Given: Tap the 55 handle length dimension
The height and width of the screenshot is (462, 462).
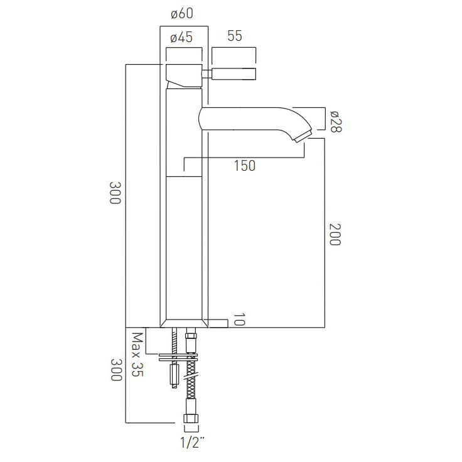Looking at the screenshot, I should click(x=234, y=37).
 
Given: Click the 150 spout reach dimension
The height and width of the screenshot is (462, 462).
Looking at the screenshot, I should click(x=244, y=166).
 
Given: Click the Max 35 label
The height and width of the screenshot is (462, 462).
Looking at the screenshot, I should click(x=136, y=355).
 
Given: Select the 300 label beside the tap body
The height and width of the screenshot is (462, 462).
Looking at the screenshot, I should click(x=115, y=196).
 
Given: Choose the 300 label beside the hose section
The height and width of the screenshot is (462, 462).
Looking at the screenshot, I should click(x=115, y=375).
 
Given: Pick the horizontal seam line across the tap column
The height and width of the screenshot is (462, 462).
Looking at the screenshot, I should click(x=183, y=177).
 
